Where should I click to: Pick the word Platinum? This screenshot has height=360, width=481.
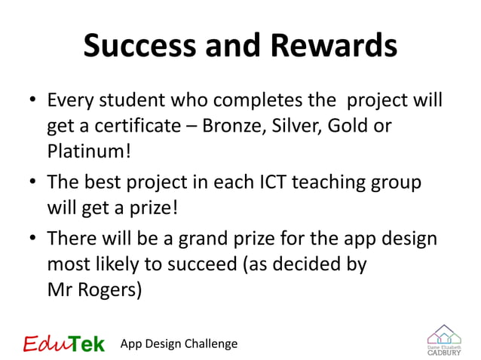(x=88, y=151)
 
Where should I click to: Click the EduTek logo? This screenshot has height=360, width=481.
(x=64, y=343)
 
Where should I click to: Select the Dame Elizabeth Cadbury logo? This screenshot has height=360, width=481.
(x=444, y=340)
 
